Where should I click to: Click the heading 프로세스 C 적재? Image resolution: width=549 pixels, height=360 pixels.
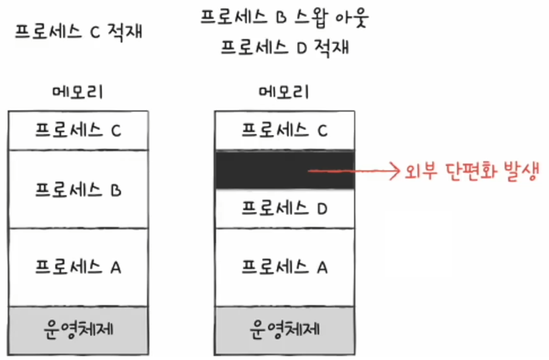click(79, 33)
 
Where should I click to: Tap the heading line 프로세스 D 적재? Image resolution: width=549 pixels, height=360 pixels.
click(284, 48)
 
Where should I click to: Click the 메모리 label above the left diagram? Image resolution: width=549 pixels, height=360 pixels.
click(78, 92)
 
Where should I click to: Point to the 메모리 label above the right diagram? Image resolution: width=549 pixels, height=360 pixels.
click(284, 92)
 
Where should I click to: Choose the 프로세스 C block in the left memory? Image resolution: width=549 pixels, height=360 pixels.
click(78, 131)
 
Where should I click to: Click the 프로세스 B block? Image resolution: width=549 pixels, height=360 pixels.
click(78, 190)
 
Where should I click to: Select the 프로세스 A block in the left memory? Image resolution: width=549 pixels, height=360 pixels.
click(78, 267)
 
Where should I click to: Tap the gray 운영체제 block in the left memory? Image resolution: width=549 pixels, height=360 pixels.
click(78, 330)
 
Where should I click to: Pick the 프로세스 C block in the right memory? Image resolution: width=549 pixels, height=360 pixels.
click(284, 131)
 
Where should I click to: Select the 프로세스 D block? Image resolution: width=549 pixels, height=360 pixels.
click(284, 208)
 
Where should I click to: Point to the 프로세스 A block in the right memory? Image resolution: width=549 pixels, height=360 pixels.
click(284, 267)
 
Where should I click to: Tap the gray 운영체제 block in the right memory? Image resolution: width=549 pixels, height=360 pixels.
click(284, 330)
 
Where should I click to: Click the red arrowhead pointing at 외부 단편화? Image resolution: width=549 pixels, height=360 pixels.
click(396, 171)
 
